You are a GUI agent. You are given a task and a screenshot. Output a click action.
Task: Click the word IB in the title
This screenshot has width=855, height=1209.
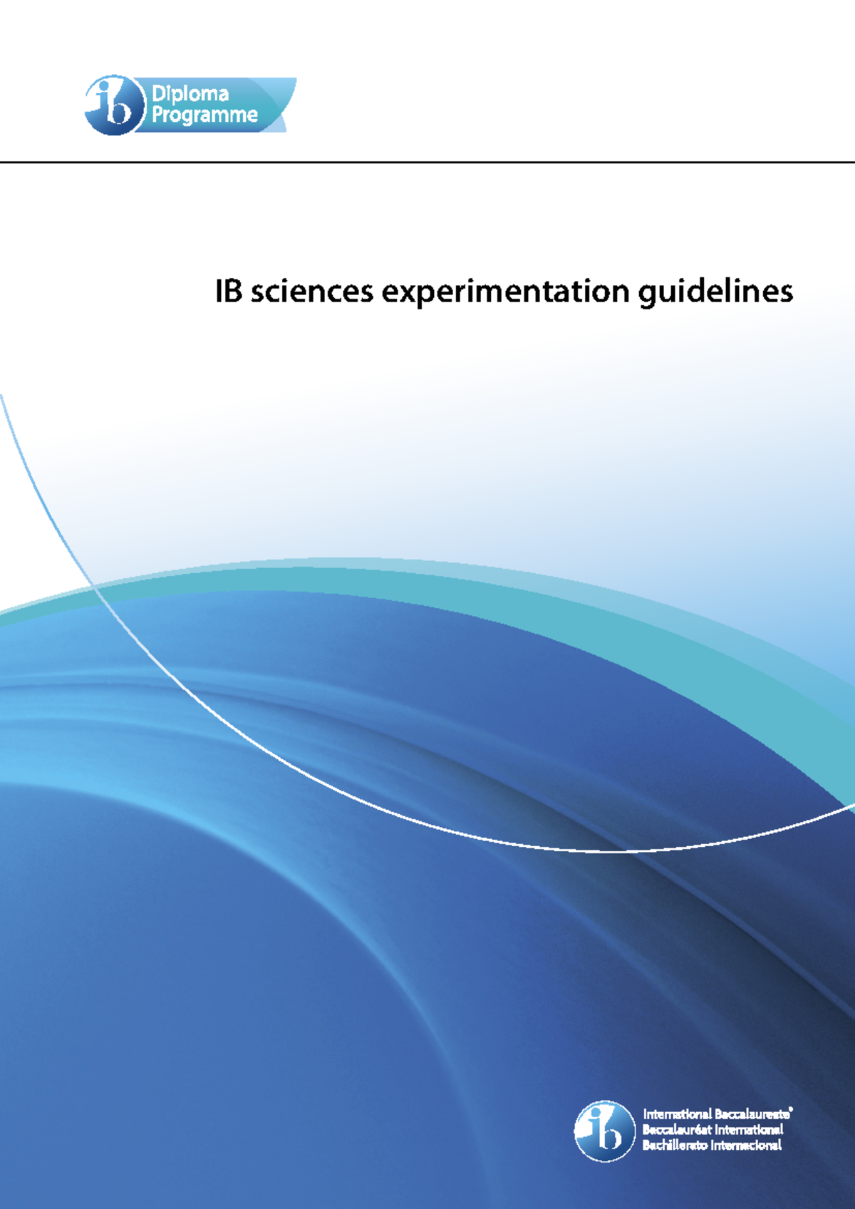(229, 291)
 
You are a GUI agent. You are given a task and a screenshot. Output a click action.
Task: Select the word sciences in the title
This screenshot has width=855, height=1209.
(312, 291)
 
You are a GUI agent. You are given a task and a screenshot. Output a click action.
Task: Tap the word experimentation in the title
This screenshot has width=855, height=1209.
(506, 292)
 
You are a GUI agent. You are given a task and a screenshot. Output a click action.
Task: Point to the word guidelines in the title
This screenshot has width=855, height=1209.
(715, 292)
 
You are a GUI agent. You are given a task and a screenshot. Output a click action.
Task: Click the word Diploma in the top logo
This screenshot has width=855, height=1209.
(190, 93)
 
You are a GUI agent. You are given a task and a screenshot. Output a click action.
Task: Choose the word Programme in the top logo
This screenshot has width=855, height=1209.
(204, 115)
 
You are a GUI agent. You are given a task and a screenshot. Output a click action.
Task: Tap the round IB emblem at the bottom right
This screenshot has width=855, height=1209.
(604, 1131)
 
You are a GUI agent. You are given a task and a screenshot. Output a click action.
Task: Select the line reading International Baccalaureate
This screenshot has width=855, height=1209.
(716, 1113)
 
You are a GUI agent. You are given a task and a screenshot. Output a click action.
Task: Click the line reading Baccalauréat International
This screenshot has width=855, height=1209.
(712, 1129)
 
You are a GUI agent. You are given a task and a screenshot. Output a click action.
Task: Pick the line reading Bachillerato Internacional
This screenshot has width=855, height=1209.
(712, 1145)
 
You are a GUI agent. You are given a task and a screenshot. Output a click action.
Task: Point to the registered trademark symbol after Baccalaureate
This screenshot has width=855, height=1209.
(792, 1109)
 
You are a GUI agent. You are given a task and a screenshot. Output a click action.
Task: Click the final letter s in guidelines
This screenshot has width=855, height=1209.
(787, 292)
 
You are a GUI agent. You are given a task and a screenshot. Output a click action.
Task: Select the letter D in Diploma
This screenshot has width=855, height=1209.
(159, 93)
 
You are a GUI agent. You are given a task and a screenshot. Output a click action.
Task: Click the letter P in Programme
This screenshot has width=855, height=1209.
(157, 115)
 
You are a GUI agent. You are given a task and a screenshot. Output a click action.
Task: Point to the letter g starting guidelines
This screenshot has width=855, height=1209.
(648, 294)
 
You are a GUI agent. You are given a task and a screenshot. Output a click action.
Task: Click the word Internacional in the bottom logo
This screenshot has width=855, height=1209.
(747, 1145)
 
